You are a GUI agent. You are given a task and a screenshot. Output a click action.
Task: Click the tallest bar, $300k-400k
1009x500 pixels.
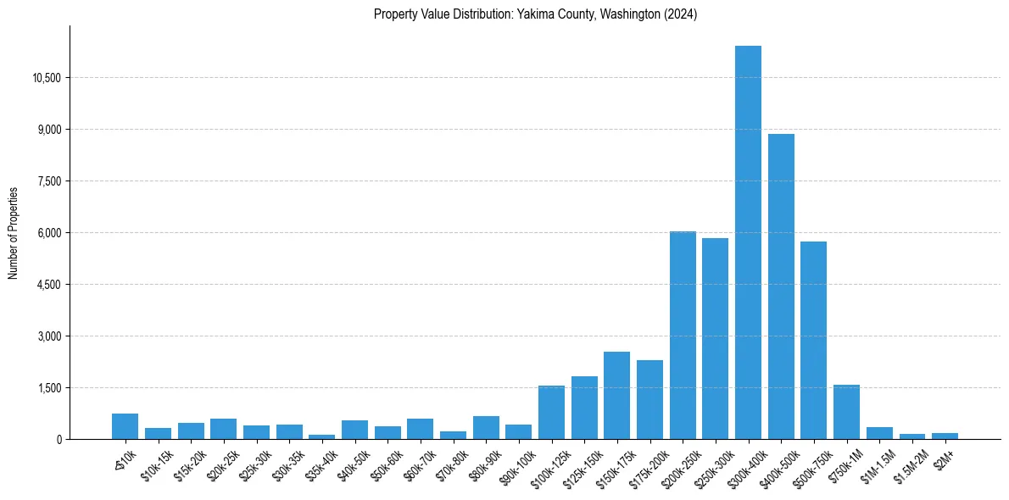748,242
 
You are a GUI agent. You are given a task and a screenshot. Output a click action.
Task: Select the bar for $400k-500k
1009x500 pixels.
781,286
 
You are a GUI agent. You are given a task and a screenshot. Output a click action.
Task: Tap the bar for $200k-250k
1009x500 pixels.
683,335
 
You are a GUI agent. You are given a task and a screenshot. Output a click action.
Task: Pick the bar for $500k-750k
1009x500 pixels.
813,340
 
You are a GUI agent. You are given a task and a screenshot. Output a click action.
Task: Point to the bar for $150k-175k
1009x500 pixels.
616,395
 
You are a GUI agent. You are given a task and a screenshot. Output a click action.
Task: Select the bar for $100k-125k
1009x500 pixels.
551,412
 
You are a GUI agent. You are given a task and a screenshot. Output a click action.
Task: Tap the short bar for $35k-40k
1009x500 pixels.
321,436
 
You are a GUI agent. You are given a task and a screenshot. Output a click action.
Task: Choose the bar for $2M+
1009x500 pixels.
945,436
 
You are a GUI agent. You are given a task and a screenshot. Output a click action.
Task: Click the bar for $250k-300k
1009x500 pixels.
715,338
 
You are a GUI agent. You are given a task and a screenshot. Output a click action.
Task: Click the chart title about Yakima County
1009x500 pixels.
535,14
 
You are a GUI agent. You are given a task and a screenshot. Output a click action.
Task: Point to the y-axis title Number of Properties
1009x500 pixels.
14,233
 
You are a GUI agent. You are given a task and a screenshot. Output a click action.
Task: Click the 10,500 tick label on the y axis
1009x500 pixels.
47,78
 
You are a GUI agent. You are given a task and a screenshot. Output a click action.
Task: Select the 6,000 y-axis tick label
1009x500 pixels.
49,233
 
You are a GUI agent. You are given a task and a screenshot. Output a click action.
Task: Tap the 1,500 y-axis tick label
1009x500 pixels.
49,388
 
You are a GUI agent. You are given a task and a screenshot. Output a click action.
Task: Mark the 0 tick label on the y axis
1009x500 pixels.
59,440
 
